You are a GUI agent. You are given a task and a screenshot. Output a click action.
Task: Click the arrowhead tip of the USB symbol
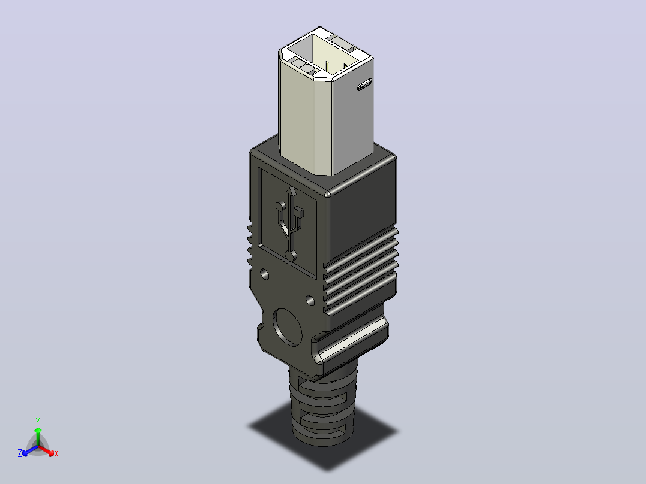292,187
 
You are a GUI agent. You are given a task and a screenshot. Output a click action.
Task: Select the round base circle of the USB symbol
291,256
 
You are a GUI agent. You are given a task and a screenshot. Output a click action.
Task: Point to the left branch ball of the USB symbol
281,205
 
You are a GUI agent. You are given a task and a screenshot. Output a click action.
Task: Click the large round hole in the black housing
287,327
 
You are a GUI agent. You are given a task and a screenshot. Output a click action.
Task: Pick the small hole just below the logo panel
264,274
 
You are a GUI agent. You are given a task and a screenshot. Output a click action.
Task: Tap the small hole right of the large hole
310,300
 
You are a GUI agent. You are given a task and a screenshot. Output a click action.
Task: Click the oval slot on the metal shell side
364,85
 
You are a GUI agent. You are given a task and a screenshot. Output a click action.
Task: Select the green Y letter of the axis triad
38,421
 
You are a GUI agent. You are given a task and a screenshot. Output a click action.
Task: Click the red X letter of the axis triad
56,453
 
